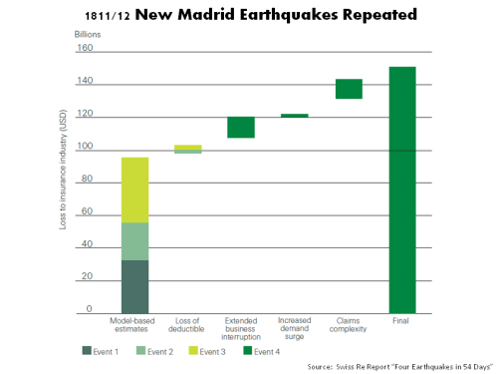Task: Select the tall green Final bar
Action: point(402,189)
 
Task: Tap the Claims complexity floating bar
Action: point(349,89)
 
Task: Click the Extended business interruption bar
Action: point(241,127)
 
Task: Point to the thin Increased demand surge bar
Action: point(295,116)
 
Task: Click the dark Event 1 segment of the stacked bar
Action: point(134,286)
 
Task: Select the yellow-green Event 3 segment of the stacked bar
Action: point(134,189)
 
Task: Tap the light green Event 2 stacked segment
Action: point(134,240)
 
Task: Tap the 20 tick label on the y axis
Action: point(87,276)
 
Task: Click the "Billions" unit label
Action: point(87,34)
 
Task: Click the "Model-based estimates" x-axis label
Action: point(134,325)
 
